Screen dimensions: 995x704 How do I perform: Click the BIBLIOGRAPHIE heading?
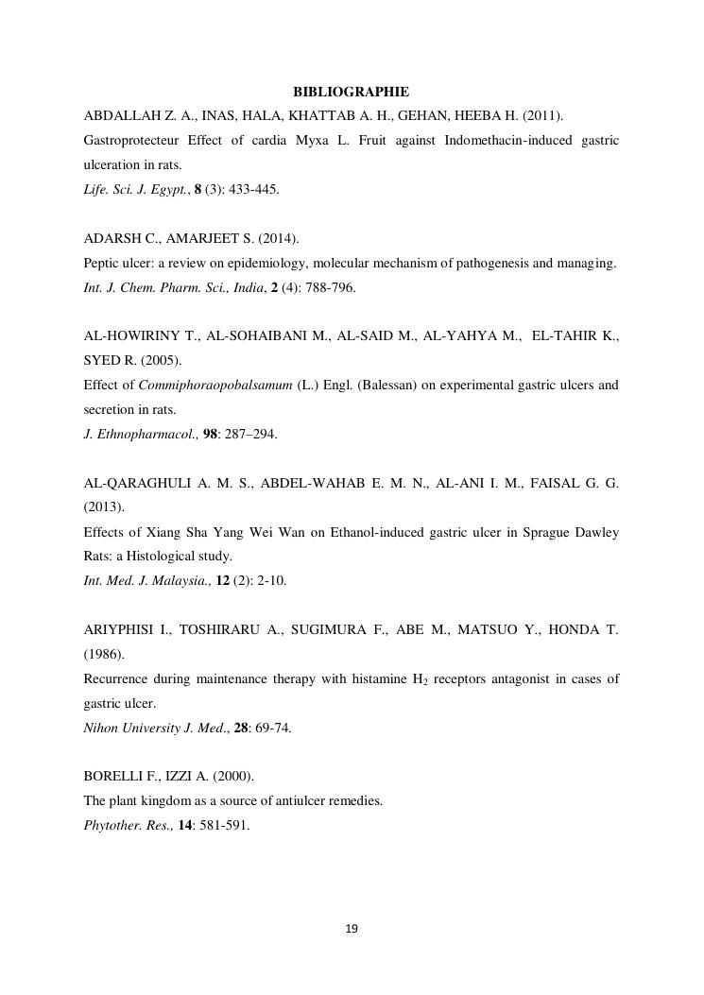click(351, 92)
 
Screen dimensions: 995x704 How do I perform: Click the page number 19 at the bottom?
click(352, 929)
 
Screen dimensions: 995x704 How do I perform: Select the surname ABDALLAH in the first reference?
click(121, 115)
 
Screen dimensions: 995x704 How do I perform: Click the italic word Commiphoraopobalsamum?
click(215, 386)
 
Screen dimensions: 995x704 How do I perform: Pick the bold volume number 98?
click(211, 435)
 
